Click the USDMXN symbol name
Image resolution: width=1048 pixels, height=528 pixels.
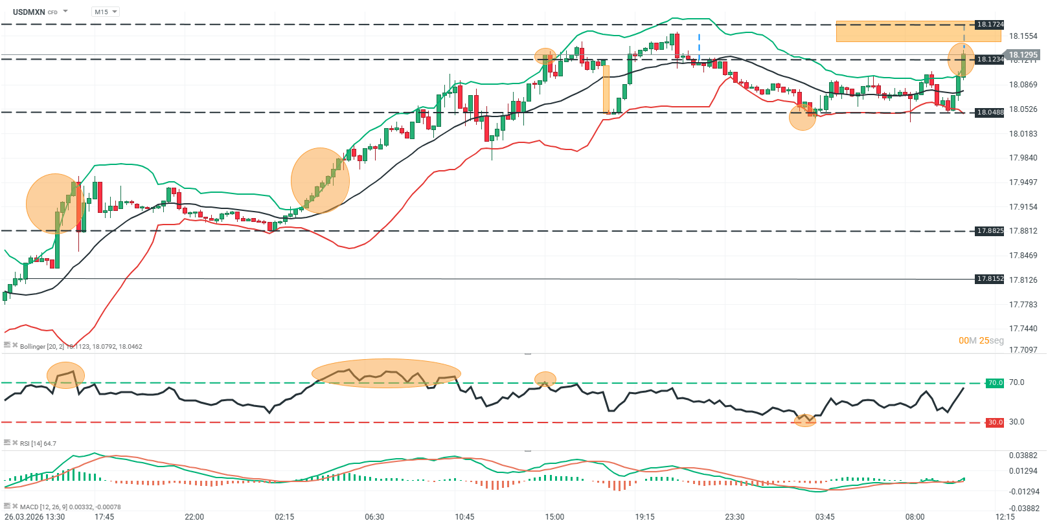click(28, 12)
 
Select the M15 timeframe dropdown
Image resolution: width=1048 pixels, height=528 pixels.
click(106, 12)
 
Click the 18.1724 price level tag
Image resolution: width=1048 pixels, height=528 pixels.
click(990, 25)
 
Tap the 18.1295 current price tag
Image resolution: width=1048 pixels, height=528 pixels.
click(1023, 55)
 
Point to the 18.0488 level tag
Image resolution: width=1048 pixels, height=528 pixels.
click(990, 112)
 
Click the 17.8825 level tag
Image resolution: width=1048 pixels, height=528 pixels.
click(990, 231)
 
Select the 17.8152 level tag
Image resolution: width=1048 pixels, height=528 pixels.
click(990, 279)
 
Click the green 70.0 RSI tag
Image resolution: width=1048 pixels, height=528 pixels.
click(994, 383)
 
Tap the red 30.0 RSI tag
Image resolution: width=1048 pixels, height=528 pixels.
click(994, 423)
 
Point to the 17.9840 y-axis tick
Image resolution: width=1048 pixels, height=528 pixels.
click(1023, 158)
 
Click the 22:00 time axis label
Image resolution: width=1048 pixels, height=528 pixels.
click(194, 517)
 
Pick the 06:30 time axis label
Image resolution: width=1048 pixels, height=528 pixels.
click(374, 517)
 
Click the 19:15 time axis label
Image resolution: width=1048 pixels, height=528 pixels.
click(644, 517)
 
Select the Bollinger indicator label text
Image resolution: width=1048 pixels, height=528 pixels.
click(81, 347)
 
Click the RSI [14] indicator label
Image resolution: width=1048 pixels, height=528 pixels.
click(38, 444)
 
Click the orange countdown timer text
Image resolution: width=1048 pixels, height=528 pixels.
click(981, 341)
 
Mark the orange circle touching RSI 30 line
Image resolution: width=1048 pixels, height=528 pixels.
click(804, 420)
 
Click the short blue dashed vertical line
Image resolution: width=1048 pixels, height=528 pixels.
click(699, 45)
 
